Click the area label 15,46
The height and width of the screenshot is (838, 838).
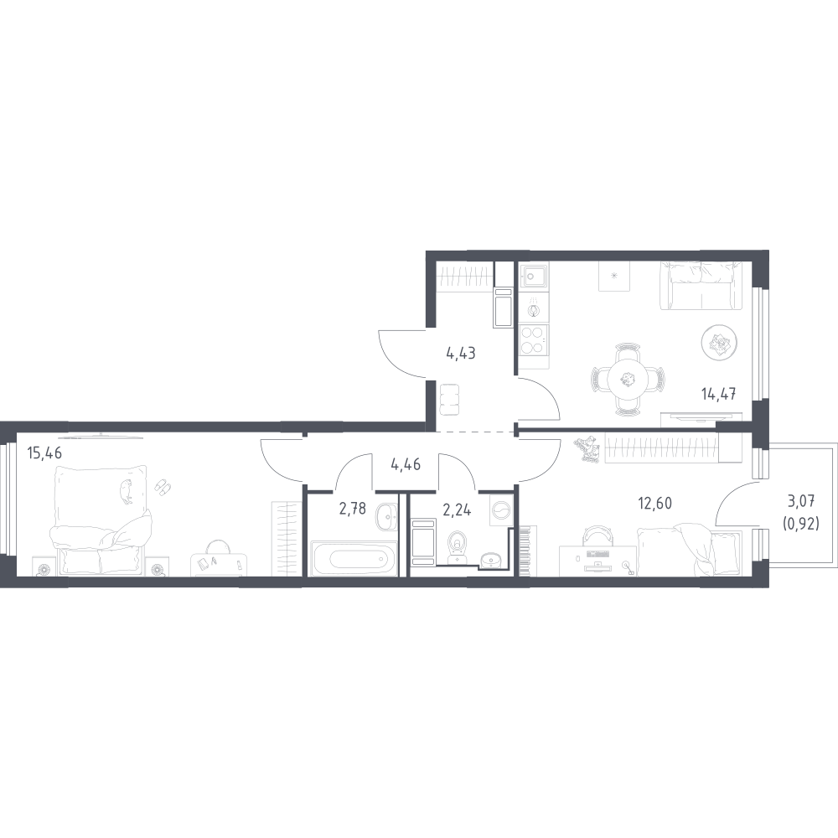pyautogui.click(x=44, y=453)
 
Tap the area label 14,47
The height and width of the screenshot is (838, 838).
pyautogui.click(x=719, y=395)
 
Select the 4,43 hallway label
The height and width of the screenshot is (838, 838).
pyautogui.click(x=461, y=354)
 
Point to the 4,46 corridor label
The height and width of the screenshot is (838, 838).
pyautogui.click(x=406, y=464)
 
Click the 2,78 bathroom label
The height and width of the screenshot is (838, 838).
pyautogui.click(x=353, y=509)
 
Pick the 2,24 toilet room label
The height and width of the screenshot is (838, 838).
pyautogui.click(x=457, y=510)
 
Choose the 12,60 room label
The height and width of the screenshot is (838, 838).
pyautogui.click(x=655, y=503)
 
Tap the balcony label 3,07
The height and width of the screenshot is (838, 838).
pyautogui.click(x=801, y=502)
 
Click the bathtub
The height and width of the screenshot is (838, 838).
pyautogui.click(x=354, y=558)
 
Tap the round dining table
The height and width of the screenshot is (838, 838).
pyautogui.click(x=628, y=380)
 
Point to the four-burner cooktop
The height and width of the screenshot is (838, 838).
pyautogui.click(x=533, y=340)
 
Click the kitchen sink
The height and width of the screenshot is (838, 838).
pyautogui.click(x=533, y=277)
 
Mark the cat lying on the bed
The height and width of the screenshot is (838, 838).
pyautogui.click(x=127, y=491)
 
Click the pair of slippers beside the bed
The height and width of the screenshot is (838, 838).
pyautogui.click(x=163, y=487)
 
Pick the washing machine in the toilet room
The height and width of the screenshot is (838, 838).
pyautogui.click(x=501, y=510)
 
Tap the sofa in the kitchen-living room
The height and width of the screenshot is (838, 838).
pyautogui.click(x=701, y=286)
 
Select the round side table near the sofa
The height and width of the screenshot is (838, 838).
pyautogui.click(x=719, y=342)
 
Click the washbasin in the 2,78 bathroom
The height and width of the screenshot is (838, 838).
pyautogui.click(x=386, y=517)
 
